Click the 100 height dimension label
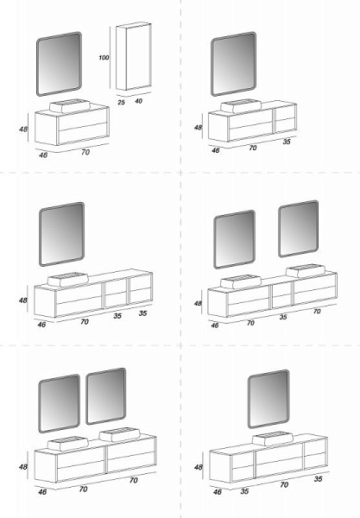(x=104, y=58)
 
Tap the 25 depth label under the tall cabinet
(x=121, y=103)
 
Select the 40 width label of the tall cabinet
(x=138, y=101)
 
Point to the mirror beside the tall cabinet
(x=59, y=64)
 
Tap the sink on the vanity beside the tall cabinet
(x=70, y=106)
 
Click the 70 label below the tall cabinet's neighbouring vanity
(x=85, y=152)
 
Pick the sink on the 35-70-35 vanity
(x=273, y=439)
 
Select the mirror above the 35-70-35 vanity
(x=268, y=399)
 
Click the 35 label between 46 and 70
(x=244, y=491)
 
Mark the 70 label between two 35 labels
(x=284, y=484)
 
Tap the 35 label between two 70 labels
(x=283, y=317)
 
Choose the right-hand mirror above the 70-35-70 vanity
(x=299, y=229)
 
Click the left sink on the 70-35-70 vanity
(x=241, y=281)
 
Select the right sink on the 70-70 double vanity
(x=119, y=434)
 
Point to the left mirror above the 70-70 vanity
(x=59, y=403)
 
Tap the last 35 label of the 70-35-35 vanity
(x=142, y=313)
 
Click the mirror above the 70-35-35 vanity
(x=62, y=234)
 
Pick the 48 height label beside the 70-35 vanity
(x=198, y=127)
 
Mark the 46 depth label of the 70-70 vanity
(x=42, y=491)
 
